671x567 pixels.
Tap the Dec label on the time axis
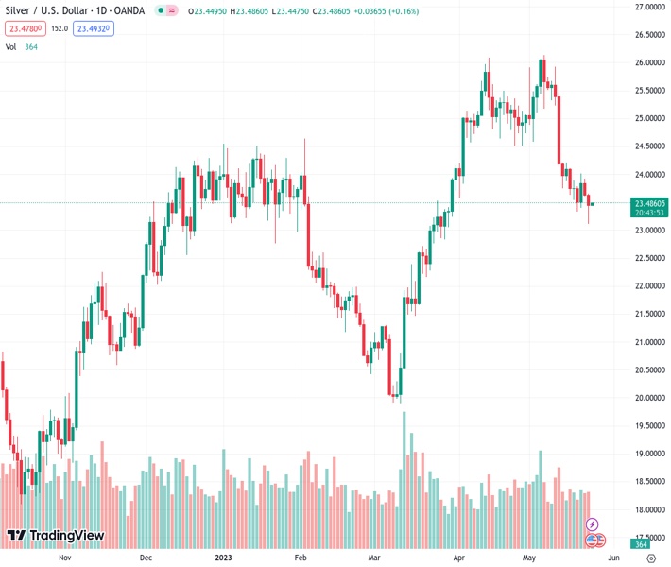(x=146, y=558)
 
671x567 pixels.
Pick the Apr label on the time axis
(x=457, y=558)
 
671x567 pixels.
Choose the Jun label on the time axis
(x=611, y=558)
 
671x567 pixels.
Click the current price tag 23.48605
(x=650, y=203)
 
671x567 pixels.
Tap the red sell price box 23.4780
(x=25, y=29)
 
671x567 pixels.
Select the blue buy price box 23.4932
(x=95, y=29)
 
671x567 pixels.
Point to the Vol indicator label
(x=11, y=46)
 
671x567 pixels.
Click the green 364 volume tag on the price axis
(x=641, y=544)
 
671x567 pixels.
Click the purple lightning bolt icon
(x=593, y=524)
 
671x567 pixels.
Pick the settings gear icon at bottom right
(x=650, y=558)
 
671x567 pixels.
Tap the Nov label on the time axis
(x=64, y=558)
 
